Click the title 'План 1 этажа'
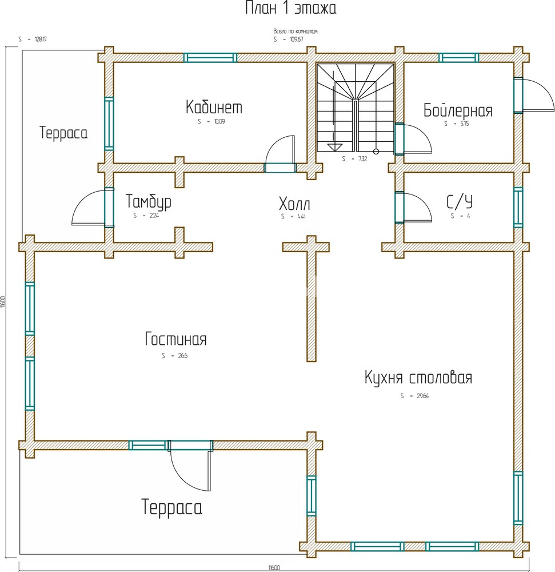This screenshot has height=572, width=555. (x=291, y=9)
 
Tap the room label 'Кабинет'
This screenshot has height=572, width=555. (x=214, y=107)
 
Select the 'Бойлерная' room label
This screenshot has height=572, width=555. (x=458, y=110)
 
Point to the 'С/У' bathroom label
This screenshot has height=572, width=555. (x=460, y=202)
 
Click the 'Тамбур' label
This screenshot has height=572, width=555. (x=148, y=202)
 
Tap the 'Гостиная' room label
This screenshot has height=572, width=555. (x=175, y=339)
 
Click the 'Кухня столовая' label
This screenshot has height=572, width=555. (x=418, y=378)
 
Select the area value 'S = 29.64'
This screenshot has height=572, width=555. (x=414, y=395)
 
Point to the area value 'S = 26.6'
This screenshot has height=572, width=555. (x=174, y=355)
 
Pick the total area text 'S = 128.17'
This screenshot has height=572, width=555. (x=32, y=39)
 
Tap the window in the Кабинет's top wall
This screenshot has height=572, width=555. (x=210, y=57)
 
